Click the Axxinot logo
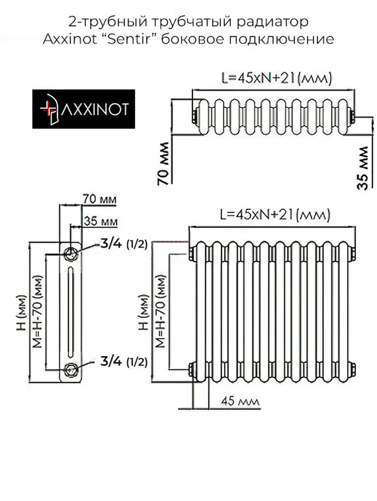point(84,110)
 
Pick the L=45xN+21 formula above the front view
point(274,215)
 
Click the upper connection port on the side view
point(71,252)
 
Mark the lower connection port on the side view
point(71,369)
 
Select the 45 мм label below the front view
point(237,401)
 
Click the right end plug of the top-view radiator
point(354,118)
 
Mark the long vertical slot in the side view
point(71,309)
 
